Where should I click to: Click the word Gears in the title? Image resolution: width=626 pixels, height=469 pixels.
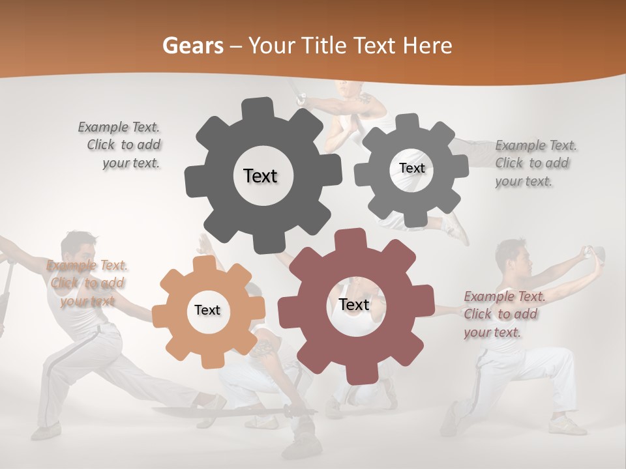(x=193, y=46)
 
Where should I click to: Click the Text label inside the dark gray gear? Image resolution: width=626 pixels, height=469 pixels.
(x=260, y=176)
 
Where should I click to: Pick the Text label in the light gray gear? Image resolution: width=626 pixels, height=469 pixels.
(x=411, y=168)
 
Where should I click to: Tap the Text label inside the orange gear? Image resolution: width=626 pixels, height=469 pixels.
(x=207, y=310)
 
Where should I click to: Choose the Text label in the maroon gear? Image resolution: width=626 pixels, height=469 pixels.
(x=353, y=304)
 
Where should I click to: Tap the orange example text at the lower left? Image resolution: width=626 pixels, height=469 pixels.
(x=86, y=283)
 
